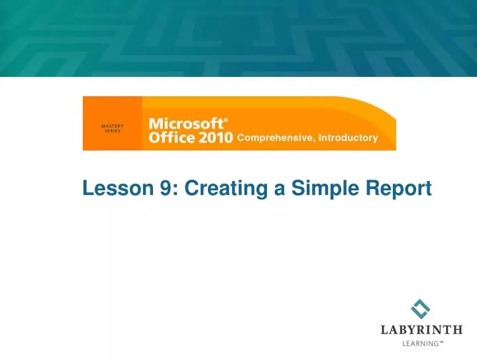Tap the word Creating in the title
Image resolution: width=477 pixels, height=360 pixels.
tap(227, 190)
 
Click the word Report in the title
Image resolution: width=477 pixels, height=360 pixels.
tap(399, 190)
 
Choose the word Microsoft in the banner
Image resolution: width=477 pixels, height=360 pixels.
tap(185, 124)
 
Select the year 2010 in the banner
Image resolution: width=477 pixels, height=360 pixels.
tap(212, 138)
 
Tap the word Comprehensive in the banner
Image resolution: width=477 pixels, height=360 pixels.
tap(275, 139)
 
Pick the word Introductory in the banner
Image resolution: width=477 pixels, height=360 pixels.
tap(348, 139)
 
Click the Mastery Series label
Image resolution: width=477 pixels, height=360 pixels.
tap(112, 128)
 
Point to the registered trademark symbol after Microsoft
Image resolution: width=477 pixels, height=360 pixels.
tap(226, 121)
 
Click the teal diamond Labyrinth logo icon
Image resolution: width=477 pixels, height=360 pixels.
tap(420, 309)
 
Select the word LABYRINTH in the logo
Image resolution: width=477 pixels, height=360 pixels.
tap(421, 330)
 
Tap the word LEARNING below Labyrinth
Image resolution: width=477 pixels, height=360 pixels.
tap(419, 343)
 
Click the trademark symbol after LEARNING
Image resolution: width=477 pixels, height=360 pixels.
tap(440, 342)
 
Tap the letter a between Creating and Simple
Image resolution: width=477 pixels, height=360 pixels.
tap(279, 191)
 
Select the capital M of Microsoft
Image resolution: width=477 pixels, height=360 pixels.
tap(156, 124)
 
